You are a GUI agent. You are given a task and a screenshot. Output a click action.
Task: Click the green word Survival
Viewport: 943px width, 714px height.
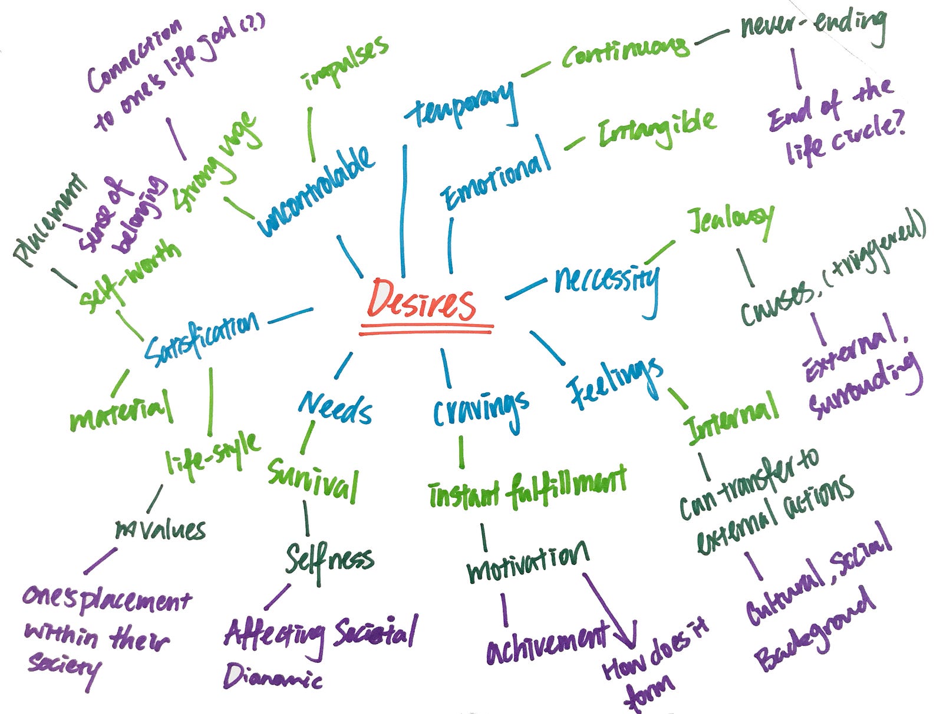click(313, 480)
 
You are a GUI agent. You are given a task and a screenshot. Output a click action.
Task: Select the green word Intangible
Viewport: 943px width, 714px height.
click(657, 130)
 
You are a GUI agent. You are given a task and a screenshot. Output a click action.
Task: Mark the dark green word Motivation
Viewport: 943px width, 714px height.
click(527, 563)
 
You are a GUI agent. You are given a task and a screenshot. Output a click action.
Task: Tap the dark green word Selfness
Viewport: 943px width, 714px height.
click(329, 560)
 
